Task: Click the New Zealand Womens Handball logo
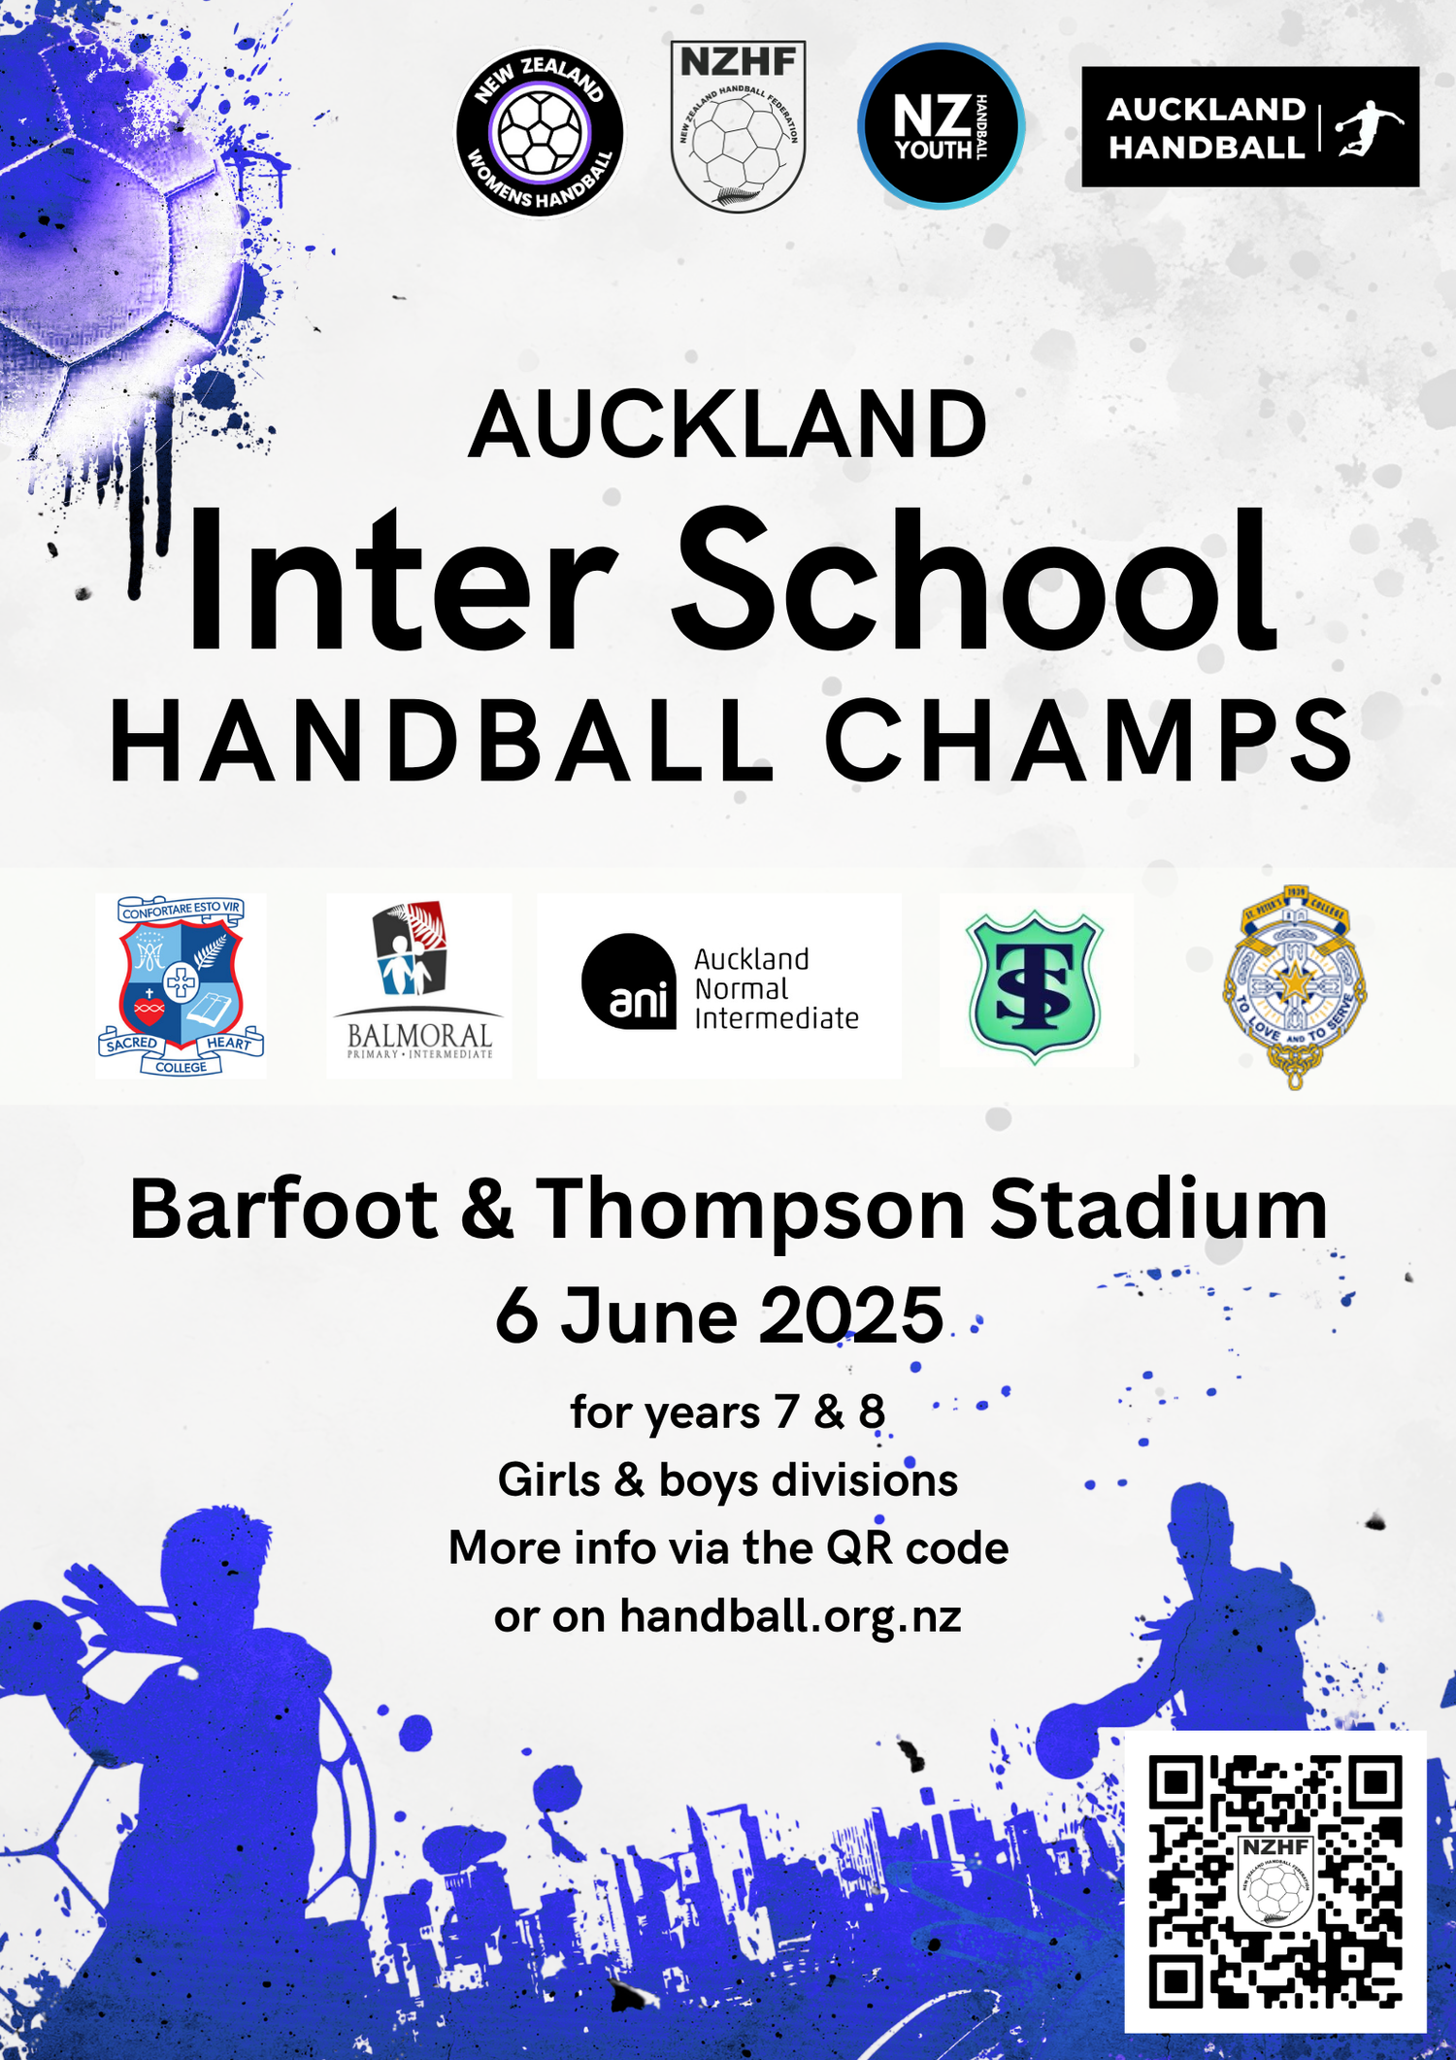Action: [x=540, y=131]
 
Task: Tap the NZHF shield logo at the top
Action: [x=738, y=126]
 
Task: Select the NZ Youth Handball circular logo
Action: [x=941, y=126]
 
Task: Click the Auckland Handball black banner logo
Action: [x=1250, y=127]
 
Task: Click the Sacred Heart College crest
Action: [x=182, y=985]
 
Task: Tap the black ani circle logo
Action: [x=629, y=981]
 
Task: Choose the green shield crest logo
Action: [x=1035, y=984]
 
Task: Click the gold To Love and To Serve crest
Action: [x=1295, y=986]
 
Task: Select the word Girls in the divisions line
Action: [x=548, y=1480]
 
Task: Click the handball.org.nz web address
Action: [x=790, y=1616]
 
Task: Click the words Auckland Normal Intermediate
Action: [x=775, y=988]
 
